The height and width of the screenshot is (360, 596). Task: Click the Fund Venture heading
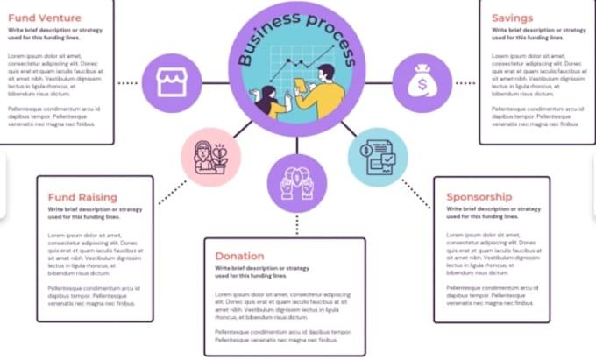pos(45,18)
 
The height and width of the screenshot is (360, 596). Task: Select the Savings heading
pos(512,18)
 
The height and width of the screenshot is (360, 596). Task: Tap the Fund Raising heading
pos(82,197)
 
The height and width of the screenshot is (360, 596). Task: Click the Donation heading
pos(239,256)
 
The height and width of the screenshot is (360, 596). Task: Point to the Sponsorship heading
pos(479,197)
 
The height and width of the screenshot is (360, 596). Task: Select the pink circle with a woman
pos(211,157)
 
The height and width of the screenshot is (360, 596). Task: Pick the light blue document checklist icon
pos(378,157)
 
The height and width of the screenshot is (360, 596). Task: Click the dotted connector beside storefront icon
pos(128,84)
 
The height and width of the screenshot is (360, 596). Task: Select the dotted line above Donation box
pos(297,224)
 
